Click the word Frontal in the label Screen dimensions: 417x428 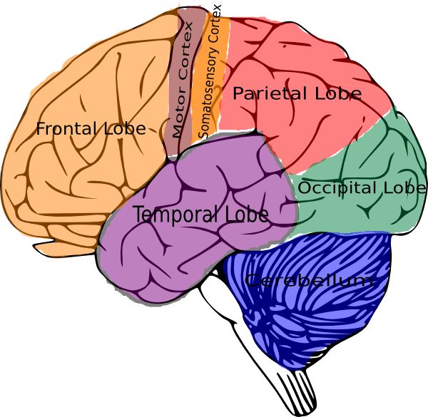click(x=67, y=129)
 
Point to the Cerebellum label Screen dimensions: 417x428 click(x=309, y=280)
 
